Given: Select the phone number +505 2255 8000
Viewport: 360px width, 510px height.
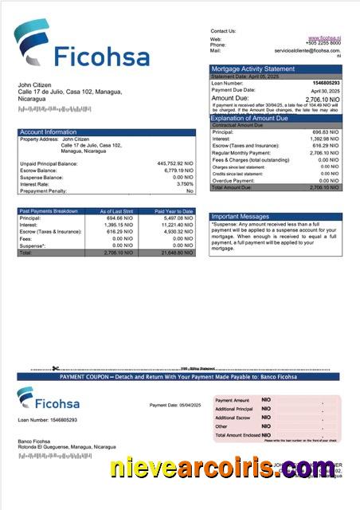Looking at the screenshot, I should pos(323,45).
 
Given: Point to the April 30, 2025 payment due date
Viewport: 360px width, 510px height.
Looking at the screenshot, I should pos(325,90).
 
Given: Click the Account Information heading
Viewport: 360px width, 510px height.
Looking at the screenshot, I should pos(49,132).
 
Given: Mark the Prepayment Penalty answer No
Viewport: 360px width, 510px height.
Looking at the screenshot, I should pos(190,191).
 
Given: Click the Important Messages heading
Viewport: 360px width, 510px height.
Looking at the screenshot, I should pos(241,216).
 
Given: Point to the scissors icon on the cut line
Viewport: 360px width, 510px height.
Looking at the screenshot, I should pos(56,368).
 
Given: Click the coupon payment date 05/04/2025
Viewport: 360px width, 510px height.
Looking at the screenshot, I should pos(186,406).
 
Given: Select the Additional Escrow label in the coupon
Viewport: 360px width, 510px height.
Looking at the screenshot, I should pos(233,418).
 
